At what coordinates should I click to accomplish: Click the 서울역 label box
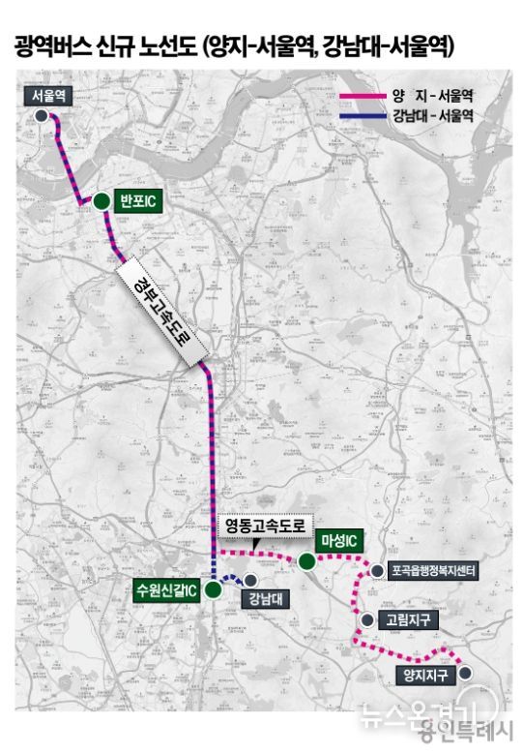[47, 96]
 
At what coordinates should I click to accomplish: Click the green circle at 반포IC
[101, 201]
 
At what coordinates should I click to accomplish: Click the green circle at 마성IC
[307, 560]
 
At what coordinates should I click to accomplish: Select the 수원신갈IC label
[167, 589]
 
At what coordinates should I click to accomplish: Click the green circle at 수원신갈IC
[213, 589]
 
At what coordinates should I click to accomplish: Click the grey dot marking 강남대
[250, 579]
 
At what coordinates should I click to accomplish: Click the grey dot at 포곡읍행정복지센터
[376, 572]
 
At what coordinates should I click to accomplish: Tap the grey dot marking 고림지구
[364, 619]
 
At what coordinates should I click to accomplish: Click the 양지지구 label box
[424, 675]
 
